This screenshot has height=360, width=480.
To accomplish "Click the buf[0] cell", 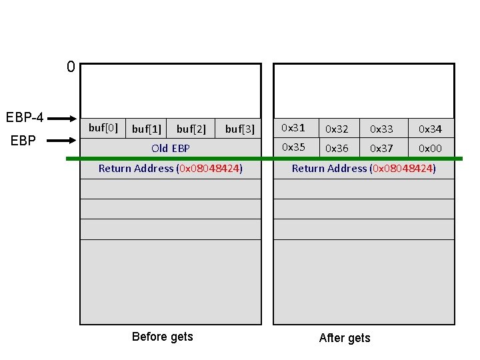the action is click(103, 127).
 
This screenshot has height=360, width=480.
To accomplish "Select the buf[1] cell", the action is click(147, 129).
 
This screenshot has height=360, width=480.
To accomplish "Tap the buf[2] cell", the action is click(191, 129).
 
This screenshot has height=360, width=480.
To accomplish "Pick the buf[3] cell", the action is click(240, 129).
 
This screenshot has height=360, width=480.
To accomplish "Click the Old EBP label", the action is click(171, 148).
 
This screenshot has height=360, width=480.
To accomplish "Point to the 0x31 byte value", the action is click(293, 127).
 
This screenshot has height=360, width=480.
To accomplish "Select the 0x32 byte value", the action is click(337, 129).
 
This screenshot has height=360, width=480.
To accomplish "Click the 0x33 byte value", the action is click(381, 129).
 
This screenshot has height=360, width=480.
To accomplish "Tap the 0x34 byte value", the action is click(430, 129).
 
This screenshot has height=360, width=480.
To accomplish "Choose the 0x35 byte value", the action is click(293, 147).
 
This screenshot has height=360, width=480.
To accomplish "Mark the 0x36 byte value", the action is click(337, 149).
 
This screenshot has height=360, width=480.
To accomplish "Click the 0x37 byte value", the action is click(381, 149).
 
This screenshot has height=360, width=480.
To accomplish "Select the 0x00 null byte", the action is click(430, 149).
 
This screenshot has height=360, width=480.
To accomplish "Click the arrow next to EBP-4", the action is click(63, 119).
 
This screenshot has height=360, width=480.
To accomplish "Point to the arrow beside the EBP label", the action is click(63, 141).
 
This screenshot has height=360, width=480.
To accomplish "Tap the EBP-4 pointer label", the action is click(25, 118).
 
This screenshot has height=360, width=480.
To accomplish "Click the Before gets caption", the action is click(163, 337).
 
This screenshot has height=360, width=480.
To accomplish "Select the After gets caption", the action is click(345, 338).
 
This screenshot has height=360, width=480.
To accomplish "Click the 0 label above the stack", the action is click(71, 67).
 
